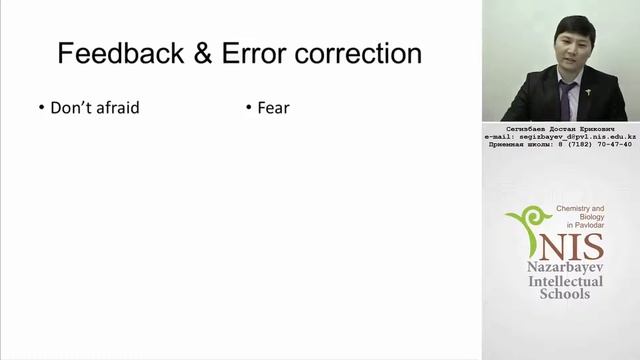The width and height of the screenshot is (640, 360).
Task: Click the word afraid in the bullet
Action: pyautogui.click(x=113, y=107)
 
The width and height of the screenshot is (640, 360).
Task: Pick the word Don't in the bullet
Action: pyautogui.click(x=69, y=107)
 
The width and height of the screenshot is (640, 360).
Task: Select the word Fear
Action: pyautogui.click(x=273, y=107)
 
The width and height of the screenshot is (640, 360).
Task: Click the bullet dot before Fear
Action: pyautogui.click(x=247, y=107)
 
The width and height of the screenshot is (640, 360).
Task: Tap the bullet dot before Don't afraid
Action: pyautogui.click(x=41, y=107)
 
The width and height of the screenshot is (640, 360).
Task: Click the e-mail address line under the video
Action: pyautogui.click(x=560, y=136)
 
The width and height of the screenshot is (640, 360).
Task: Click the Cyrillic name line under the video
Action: pyautogui.click(x=560, y=128)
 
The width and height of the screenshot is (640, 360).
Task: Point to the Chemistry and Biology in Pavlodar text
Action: pyautogui.click(x=579, y=213)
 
